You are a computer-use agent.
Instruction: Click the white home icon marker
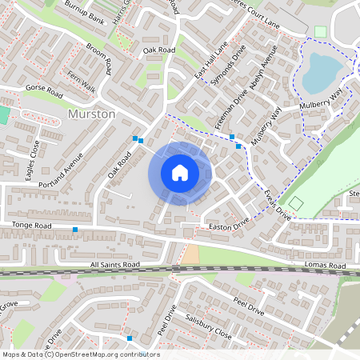[x=180, y=173]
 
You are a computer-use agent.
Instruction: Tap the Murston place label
[x=93, y=114]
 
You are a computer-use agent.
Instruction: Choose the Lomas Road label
[x=324, y=265]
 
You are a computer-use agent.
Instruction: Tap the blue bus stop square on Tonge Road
[x=75, y=230]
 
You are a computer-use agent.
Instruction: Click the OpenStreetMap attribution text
[x=80, y=354]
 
